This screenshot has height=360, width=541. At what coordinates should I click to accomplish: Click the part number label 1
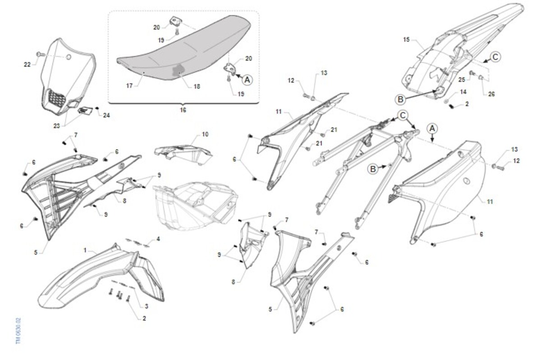tap(85, 249)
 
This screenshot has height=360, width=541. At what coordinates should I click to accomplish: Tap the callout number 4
tap(158, 239)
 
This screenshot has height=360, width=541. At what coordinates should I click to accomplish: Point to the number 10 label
tap(205, 134)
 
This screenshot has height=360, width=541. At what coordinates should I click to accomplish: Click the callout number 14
tap(463, 92)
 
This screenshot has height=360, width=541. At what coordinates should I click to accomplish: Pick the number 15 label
tap(406, 40)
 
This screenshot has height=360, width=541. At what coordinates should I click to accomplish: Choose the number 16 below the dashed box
tap(183, 109)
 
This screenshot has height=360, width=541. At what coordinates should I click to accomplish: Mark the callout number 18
tap(197, 86)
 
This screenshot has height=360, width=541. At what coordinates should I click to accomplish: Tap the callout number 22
tap(27, 64)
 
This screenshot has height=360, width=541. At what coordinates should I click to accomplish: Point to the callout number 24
tap(106, 115)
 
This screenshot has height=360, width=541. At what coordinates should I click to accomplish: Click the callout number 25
tap(462, 80)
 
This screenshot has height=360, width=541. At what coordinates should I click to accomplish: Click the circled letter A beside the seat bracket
tap(247, 79)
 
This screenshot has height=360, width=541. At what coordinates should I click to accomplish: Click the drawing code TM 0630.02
tap(18, 331)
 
